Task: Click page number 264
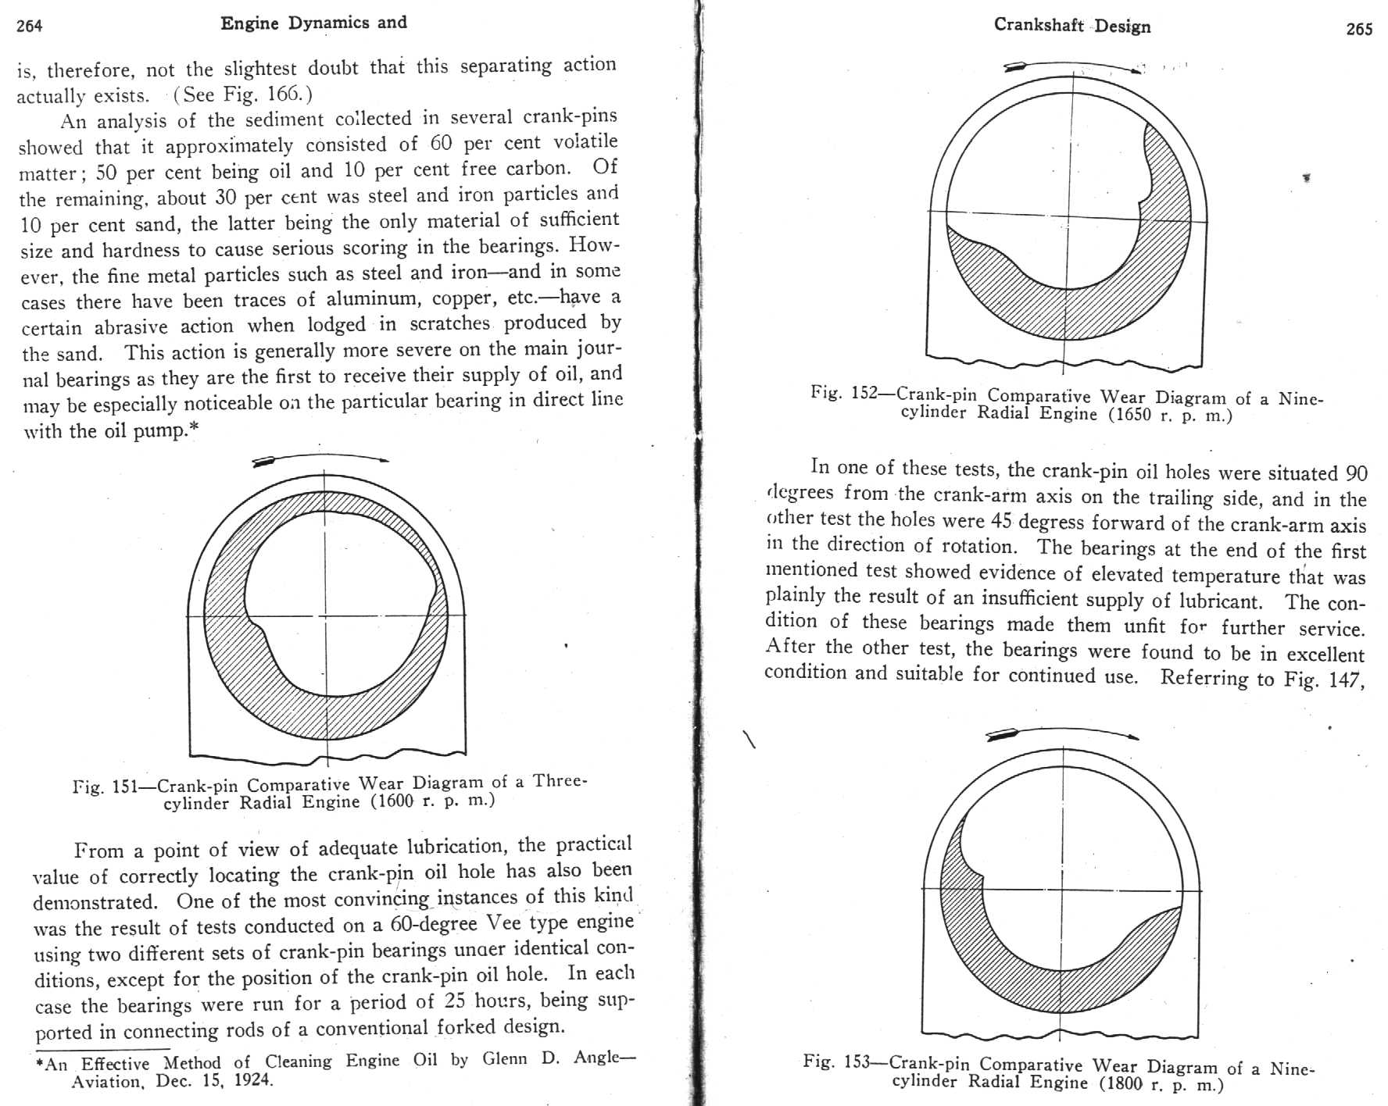(x=30, y=26)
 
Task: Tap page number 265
(x=1359, y=29)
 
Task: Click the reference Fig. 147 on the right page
(x=1324, y=679)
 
